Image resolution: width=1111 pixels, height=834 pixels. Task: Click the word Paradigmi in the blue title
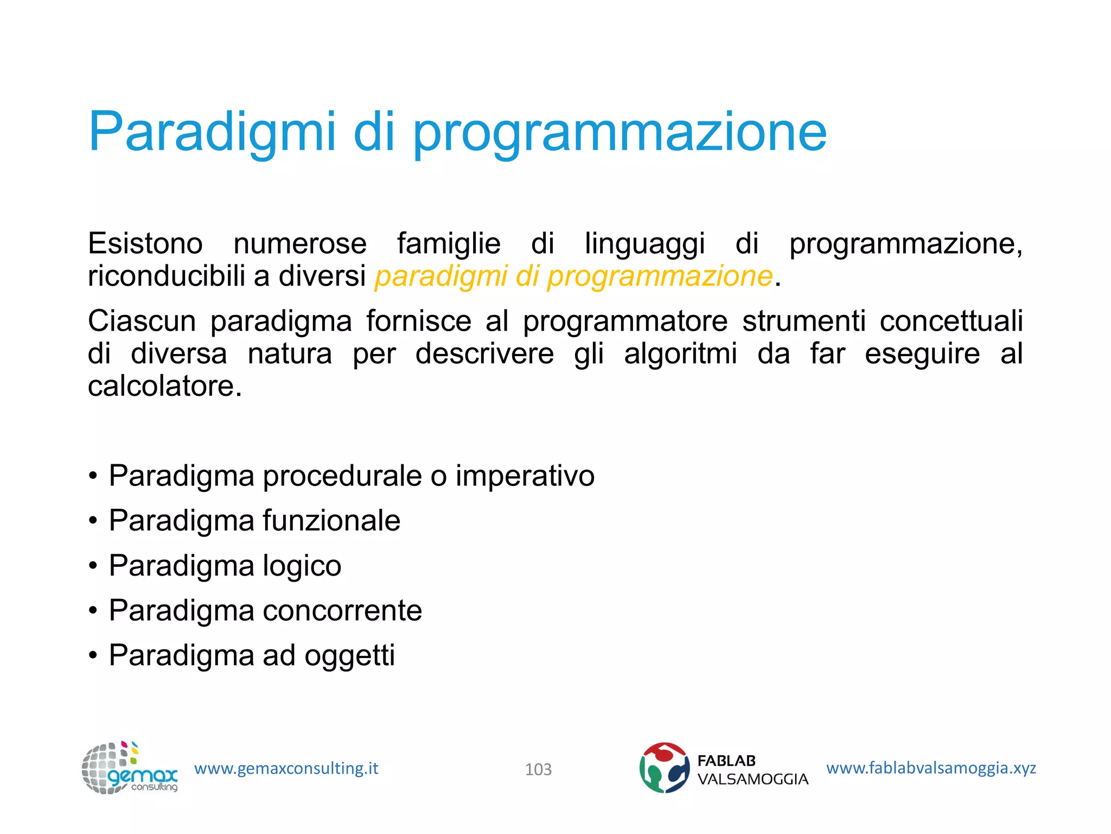pyautogui.click(x=212, y=132)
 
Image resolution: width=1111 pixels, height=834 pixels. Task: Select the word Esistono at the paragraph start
pyautogui.click(x=145, y=243)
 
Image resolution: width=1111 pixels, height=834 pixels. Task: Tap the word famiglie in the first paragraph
pyautogui.click(x=449, y=243)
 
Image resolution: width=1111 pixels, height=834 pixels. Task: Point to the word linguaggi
pyautogui.click(x=644, y=243)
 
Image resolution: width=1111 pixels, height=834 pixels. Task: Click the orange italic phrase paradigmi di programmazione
pyautogui.click(x=573, y=276)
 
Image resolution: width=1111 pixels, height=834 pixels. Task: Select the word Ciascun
pyautogui.click(x=142, y=321)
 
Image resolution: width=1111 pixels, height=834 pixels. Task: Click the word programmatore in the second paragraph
pyautogui.click(x=625, y=321)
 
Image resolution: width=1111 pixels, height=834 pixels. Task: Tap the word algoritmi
pyautogui.click(x=680, y=353)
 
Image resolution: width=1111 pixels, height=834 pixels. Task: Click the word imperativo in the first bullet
pyautogui.click(x=525, y=476)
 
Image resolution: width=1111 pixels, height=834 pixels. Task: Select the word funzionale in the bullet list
pyautogui.click(x=331, y=521)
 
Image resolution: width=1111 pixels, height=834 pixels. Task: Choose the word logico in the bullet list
pyautogui.click(x=302, y=566)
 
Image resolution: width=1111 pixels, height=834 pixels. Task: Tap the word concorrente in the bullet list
pyautogui.click(x=342, y=610)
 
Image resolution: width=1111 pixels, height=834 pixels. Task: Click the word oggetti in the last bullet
pyautogui.click(x=349, y=655)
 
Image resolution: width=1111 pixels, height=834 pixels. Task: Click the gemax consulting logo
pyautogui.click(x=130, y=768)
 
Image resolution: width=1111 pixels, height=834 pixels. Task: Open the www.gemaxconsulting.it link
pyautogui.click(x=286, y=768)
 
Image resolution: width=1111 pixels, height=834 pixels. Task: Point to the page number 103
pyautogui.click(x=538, y=769)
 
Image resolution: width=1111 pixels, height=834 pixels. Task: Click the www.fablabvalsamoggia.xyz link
pyautogui.click(x=931, y=768)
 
